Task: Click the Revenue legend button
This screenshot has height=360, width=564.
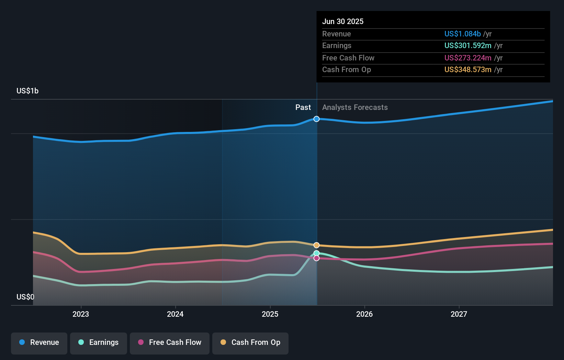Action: tap(39, 342)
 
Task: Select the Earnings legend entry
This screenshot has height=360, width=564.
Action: tap(99, 342)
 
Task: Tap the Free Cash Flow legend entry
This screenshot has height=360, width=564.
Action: tap(170, 342)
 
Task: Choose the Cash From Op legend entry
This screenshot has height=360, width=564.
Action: tap(250, 342)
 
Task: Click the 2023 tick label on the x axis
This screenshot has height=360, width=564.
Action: tap(81, 314)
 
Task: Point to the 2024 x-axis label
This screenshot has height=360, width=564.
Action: tap(175, 314)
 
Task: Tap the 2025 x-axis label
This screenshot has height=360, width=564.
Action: tap(270, 314)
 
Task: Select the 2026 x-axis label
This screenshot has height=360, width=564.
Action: tap(364, 314)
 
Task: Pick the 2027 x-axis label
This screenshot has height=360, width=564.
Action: tap(459, 314)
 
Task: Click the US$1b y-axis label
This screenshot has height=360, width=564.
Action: tap(27, 91)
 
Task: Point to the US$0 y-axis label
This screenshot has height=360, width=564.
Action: tap(25, 297)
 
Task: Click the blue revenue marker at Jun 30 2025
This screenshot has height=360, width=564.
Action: tap(317, 119)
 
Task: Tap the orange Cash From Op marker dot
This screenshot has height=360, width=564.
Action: tap(317, 245)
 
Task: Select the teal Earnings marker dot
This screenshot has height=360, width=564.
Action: tap(317, 253)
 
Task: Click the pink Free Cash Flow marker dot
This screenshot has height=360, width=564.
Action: tap(317, 258)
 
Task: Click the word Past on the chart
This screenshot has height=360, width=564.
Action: tap(303, 108)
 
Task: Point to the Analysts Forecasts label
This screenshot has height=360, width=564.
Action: tap(355, 108)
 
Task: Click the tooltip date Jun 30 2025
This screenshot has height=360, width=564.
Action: tap(343, 21)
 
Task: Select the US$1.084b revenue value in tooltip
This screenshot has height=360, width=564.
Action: tap(462, 34)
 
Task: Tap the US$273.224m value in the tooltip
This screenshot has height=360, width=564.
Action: tap(468, 58)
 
